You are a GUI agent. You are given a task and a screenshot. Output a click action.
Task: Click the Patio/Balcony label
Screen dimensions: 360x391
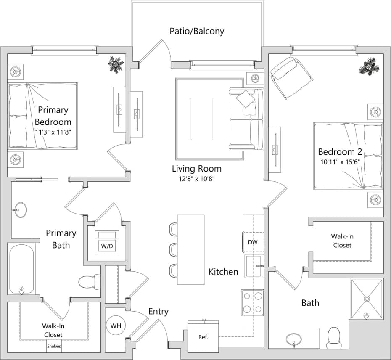coord(197,31)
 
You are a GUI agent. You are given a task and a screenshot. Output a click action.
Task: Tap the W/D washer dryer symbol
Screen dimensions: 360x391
coord(107,242)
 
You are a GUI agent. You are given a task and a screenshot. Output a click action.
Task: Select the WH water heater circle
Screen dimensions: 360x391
coord(116,326)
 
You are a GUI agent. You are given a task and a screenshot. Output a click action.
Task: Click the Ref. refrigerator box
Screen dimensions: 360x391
coord(203,336)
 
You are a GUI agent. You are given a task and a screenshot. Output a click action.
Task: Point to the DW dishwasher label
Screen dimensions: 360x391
coord(253,242)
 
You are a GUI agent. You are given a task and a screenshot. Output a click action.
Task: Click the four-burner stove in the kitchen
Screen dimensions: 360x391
coord(252,302)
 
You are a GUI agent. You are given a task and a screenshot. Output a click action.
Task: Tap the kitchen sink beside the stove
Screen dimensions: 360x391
coord(253,266)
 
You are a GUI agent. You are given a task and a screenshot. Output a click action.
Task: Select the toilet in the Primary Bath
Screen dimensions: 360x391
coord(89,281)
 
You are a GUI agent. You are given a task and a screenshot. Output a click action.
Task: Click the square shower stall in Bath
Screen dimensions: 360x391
coord(367,299)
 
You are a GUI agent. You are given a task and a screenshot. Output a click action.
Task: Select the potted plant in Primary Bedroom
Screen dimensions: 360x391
coord(116,64)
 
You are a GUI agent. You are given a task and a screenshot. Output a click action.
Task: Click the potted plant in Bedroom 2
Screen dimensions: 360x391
coord(369,66)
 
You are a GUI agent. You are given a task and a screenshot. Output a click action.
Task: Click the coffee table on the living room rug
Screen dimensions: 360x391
coord(201,119)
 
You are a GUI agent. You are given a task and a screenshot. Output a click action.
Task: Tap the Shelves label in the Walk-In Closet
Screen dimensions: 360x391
coord(53,347)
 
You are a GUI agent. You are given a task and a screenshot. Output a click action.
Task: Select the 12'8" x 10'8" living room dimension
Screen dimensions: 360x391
coord(197,179)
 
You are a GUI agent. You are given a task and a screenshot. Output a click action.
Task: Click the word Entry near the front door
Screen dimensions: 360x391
coord(159,312)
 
